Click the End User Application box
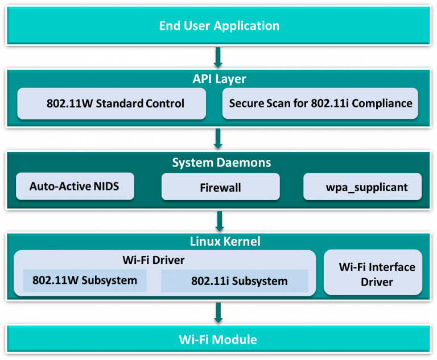coord(219,26)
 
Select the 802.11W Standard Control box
coord(112,104)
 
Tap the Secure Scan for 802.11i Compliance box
coord(320,104)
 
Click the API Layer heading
coord(219,78)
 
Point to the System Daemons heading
coord(219,163)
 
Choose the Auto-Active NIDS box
coord(75,186)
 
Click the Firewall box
coord(220,187)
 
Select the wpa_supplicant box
coord(363,187)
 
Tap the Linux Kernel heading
coord(219,241)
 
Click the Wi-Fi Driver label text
coord(154,260)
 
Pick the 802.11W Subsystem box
coord(84,280)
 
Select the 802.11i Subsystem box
coord(234,281)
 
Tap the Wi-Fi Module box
coord(219,340)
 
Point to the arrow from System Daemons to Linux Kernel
coord(219,220)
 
